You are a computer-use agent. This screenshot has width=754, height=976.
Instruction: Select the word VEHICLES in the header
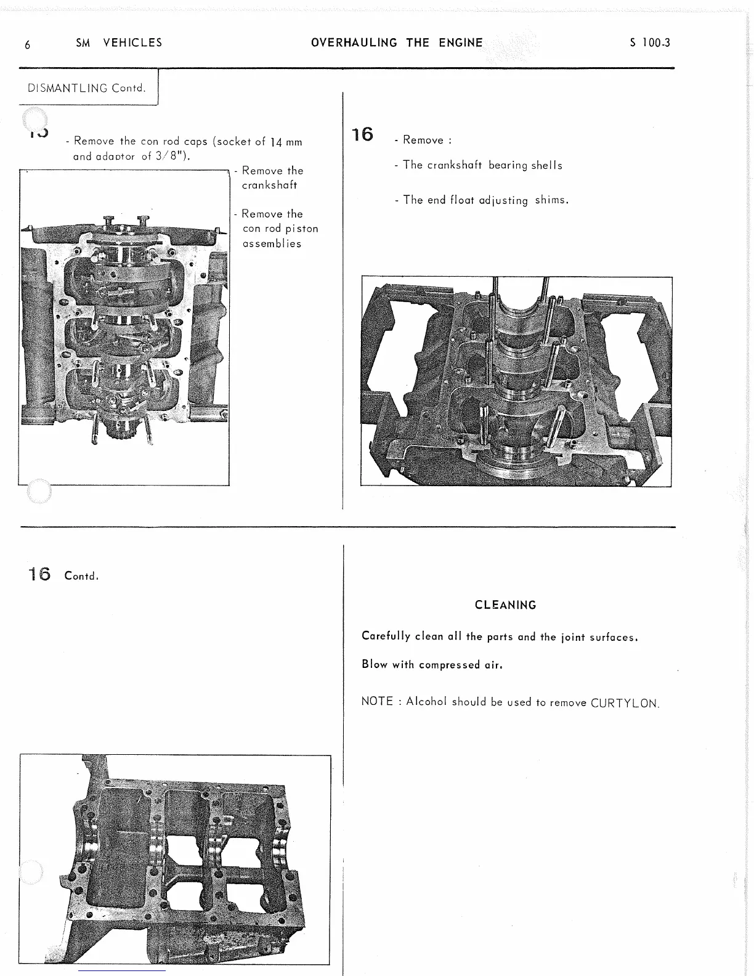pos(132,43)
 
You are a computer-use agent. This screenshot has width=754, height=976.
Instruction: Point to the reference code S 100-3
pos(650,43)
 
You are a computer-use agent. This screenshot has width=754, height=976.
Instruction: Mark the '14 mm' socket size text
pos(286,142)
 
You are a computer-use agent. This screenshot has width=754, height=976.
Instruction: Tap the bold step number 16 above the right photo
pos(363,134)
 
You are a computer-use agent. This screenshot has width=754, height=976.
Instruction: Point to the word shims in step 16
pos(551,200)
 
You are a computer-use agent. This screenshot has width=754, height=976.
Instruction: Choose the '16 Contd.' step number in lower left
pos(39,575)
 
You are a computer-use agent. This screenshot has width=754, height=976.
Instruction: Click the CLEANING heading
pos(505,605)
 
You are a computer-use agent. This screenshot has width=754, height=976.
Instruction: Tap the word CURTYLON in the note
pos(625,703)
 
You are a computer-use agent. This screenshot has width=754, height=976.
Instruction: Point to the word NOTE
pos(377,702)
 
